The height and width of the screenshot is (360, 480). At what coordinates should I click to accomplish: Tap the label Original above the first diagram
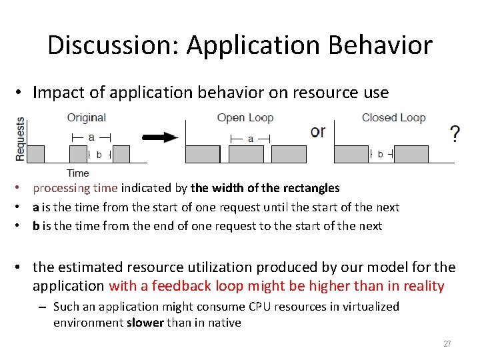click(87, 118)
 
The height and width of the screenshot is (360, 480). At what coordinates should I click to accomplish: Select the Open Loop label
click(245, 118)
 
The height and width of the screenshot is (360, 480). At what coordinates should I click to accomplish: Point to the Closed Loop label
click(393, 118)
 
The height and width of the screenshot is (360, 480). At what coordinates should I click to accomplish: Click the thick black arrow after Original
click(161, 138)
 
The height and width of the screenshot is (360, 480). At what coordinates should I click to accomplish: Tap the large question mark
click(455, 135)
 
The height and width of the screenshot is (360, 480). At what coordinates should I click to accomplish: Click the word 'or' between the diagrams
click(318, 131)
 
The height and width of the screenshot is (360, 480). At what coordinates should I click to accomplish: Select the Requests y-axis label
click(20, 139)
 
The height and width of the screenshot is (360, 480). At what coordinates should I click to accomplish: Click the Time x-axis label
click(77, 173)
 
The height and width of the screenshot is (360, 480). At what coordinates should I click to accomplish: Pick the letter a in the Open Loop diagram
click(250, 139)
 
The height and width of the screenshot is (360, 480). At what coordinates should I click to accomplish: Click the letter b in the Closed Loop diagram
click(380, 154)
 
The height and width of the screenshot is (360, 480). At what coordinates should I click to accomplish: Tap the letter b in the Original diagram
click(99, 154)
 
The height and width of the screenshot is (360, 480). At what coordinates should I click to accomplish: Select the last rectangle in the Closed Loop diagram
click(411, 154)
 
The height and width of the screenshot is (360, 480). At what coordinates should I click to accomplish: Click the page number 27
click(447, 344)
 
